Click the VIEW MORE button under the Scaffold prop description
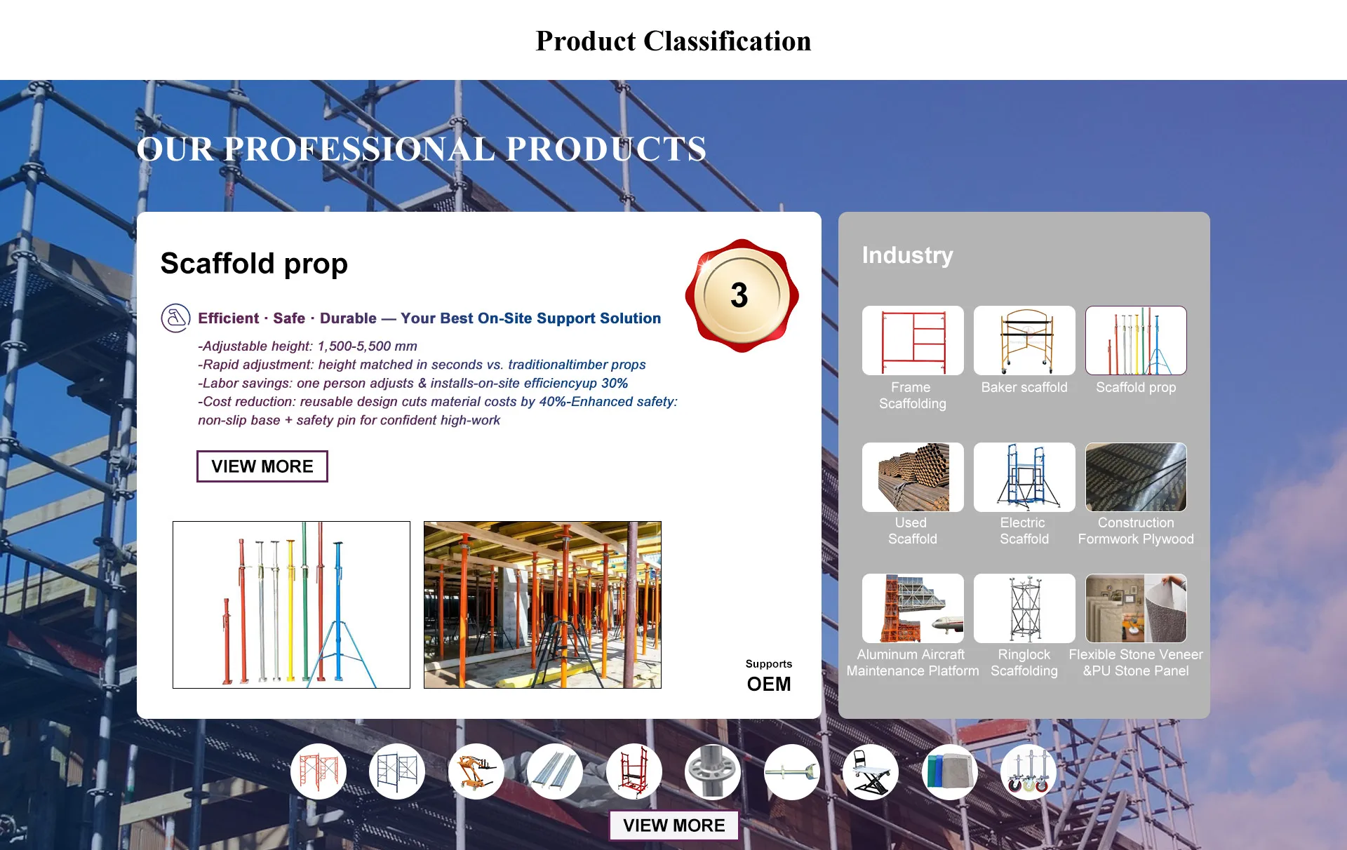[x=262, y=466]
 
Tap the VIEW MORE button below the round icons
[x=673, y=825]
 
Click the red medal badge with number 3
[x=742, y=295]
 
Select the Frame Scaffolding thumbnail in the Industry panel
[x=913, y=340]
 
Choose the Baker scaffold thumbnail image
[x=1024, y=340]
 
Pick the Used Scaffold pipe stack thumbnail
[x=913, y=477]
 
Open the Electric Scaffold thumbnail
[x=1024, y=477]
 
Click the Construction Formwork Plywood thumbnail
[x=1136, y=477]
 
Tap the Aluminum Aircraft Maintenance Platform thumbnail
[x=913, y=608]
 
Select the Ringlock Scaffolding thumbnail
[x=1024, y=608]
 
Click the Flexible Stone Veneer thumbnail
[x=1136, y=608]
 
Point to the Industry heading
[x=907, y=255]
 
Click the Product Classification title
[x=673, y=41]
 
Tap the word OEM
[x=769, y=684]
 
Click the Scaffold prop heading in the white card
[x=254, y=264]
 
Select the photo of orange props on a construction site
[x=542, y=605]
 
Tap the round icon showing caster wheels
[x=1028, y=771]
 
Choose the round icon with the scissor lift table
[x=871, y=771]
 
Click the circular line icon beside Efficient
[x=175, y=318]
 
